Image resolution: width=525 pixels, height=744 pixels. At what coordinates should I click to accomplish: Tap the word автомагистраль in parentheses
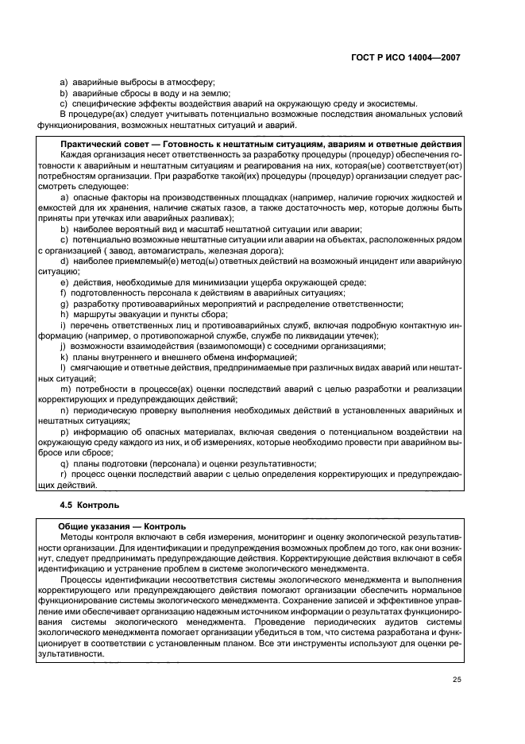[x=187, y=251]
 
